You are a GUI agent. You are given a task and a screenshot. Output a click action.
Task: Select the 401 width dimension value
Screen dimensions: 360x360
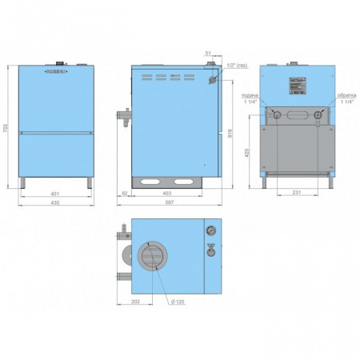tap(55, 194)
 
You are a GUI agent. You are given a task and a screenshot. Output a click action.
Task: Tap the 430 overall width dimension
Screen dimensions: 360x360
tap(55, 204)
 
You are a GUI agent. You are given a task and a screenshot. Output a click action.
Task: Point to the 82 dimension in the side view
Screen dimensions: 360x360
tap(126, 194)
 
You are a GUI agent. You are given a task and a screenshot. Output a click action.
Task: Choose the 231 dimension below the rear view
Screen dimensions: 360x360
tap(296, 194)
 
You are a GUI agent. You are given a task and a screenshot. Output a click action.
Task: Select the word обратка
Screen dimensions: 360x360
tap(346, 95)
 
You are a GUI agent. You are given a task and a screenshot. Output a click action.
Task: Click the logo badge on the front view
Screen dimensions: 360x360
tap(55, 71)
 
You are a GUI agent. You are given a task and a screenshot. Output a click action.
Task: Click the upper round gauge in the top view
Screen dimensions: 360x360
tap(210, 232)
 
